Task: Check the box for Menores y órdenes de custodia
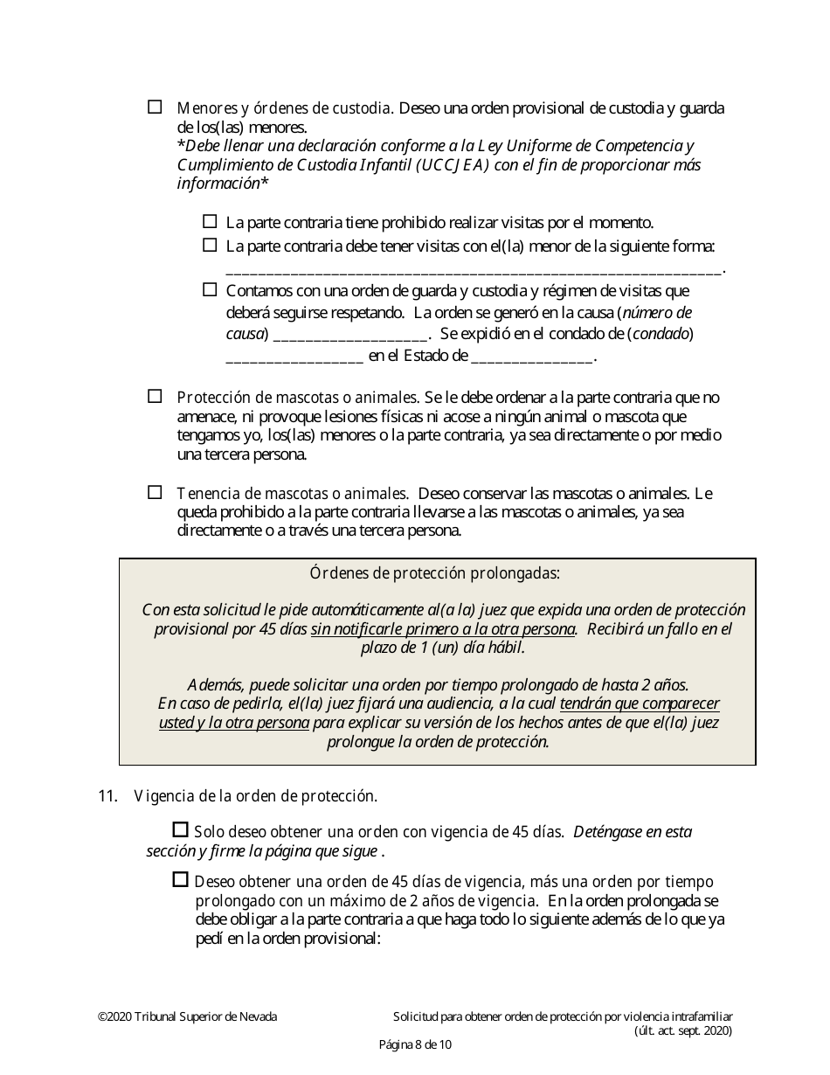point(155,107)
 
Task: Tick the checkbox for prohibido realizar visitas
point(210,222)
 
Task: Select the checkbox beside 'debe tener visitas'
point(210,246)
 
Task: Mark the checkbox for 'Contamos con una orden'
point(210,288)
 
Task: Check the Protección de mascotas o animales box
point(155,396)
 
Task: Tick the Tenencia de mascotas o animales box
point(155,492)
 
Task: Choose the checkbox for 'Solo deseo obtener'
point(181,829)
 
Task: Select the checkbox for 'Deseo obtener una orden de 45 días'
point(181,879)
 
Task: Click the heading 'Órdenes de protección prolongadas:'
point(435,573)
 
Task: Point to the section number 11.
point(107,796)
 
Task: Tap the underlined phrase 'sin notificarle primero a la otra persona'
point(444,629)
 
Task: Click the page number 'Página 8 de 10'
point(415,1044)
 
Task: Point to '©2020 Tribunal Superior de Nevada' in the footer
point(187,1016)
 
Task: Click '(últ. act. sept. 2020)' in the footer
point(682,1030)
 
